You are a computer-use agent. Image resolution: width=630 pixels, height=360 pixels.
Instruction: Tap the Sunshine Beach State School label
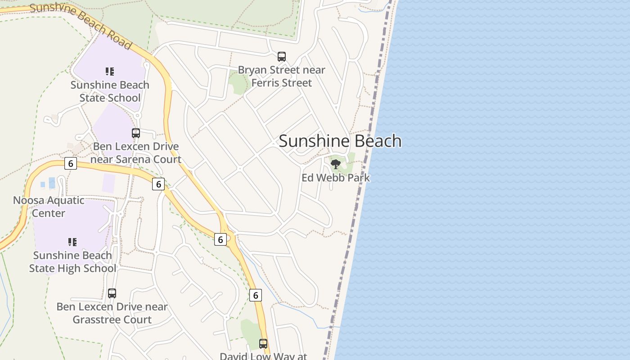[x=110, y=91]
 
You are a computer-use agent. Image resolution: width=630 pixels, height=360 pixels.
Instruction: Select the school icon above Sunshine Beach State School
[x=110, y=71]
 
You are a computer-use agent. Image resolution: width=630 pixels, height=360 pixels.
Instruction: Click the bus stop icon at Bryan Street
[x=282, y=57]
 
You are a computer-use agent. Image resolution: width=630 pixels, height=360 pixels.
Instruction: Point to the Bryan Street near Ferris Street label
[x=282, y=76]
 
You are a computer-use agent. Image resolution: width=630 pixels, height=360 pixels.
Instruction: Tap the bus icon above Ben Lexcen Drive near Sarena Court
[x=136, y=133]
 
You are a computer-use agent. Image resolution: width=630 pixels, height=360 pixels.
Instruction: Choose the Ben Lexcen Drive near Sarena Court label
[x=136, y=153]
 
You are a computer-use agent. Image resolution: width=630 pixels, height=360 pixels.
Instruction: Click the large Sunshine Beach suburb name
[x=340, y=141]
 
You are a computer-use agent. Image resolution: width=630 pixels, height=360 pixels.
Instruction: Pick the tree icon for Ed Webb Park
[x=336, y=164]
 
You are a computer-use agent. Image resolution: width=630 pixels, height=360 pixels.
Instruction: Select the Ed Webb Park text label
[x=336, y=178]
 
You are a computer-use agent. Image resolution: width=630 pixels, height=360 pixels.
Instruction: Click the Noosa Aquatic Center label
[x=49, y=207]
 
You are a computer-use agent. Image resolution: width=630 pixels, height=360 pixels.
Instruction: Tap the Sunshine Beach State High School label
[x=72, y=262]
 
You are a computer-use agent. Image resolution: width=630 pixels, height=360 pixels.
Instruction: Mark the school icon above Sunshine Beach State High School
[x=72, y=242]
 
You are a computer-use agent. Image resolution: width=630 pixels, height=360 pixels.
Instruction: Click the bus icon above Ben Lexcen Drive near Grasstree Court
[x=112, y=293]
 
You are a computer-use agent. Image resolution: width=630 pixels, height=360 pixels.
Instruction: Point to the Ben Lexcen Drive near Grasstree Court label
[x=112, y=313]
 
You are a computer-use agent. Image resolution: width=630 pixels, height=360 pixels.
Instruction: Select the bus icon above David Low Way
[x=263, y=344]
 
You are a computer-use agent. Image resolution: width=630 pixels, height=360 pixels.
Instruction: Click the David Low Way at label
[x=263, y=356]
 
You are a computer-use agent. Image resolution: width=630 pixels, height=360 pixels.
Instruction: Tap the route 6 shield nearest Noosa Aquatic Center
[x=70, y=163]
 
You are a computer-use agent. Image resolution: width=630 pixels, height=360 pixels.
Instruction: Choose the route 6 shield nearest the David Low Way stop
[x=255, y=295]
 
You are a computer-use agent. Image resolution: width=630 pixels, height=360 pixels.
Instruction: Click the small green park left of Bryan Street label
[x=237, y=83]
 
